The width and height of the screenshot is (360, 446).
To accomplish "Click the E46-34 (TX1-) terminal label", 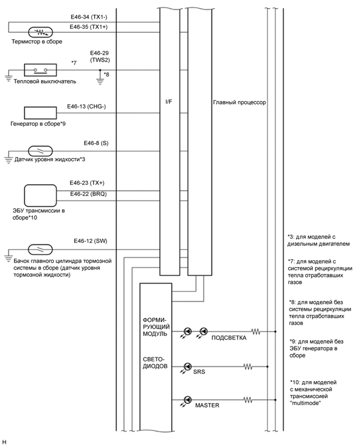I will click(92, 17).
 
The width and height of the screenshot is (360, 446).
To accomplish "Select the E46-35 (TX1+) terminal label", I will click(92, 26).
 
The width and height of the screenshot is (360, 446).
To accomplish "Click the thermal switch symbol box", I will click(40, 70).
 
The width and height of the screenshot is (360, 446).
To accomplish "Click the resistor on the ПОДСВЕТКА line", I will click(256, 331).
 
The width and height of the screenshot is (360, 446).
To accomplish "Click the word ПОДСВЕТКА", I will click(229, 338).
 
